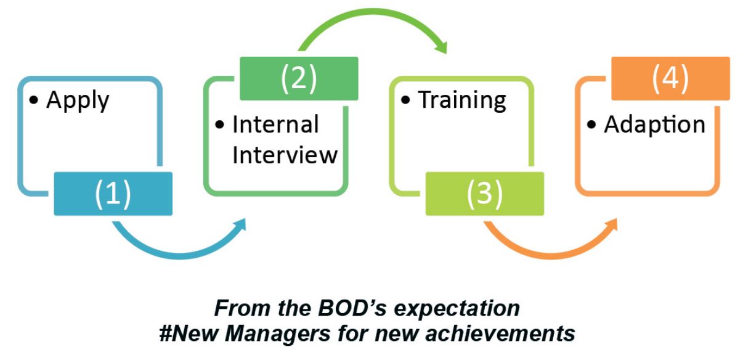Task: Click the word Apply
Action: tap(78, 100)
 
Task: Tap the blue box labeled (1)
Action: tap(113, 194)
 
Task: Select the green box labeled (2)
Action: tap(299, 78)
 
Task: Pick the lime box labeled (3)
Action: tap(485, 194)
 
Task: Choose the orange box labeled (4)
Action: tap(670, 78)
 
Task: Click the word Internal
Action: tap(275, 125)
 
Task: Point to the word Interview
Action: tap(285, 155)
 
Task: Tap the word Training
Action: tap(462, 100)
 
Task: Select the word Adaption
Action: tap(654, 125)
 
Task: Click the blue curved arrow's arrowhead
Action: tap(240, 225)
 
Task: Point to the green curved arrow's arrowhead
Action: tap(441, 47)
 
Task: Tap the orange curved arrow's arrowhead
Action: tap(611, 225)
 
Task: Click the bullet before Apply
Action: tap(33, 100)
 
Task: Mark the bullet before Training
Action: tap(405, 100)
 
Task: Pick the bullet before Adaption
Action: tap(591, 125)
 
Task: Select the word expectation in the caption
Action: tap(457, 309)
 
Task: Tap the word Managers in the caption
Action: tap(278, 334)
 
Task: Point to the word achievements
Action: tap(500, 333)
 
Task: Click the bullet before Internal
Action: tap(219, 125)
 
